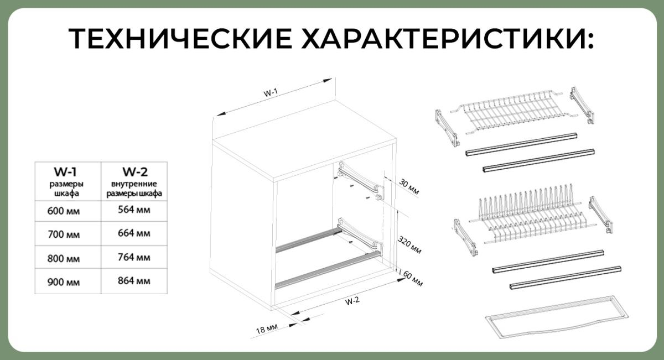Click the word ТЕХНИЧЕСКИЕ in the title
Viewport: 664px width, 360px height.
pyautogui.click(x=180, y=39)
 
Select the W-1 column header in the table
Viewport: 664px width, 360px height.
pyautogui.click(x=65, y=171)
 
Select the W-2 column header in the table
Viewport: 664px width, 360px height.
pyautogui.click(x=135, y=171)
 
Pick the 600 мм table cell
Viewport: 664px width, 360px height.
pyautogui.click(x=64, y=211)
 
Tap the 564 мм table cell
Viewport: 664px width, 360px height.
pyautogui.click(x=134, y=210)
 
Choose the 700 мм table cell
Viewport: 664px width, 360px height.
pyautogui.click(x=64, y=234)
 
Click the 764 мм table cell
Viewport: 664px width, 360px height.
pyautogui.click(x=134, y=257)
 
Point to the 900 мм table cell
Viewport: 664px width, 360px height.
pyautogui.click(x=64, y=282)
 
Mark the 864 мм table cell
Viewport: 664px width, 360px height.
pyautogui.click(x=134, y=280)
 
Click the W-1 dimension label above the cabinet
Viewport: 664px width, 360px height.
pyautogui.click(x=271, y=93)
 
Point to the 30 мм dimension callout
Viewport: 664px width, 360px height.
pyautogui.click(x=409, y=187)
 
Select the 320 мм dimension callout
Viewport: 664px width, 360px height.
pyautogui.click(x=409, y=245)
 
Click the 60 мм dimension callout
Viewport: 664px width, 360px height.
pyautogui.click(x=413, y=279)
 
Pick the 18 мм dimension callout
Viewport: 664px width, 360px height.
pyautogui.click(x=267, y=329)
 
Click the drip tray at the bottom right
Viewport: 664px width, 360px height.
pyautogui.click(x=557, y=317)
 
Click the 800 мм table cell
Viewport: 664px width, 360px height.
pyautogui.click(x=64, y=259)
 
